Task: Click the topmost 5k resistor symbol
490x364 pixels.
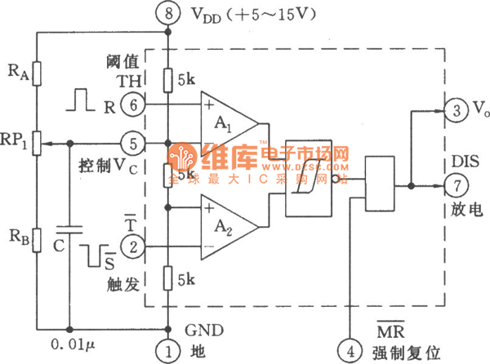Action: [x=168, y=80]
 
